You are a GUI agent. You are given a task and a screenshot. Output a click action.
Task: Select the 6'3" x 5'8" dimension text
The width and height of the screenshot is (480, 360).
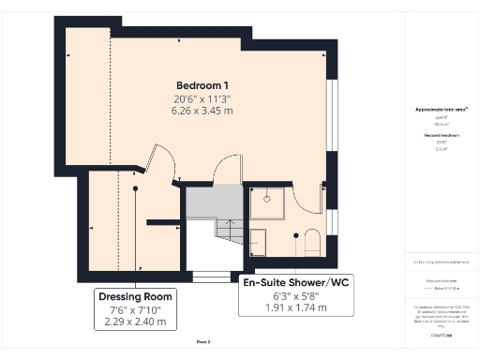pyautogui.click(x=285, y=295)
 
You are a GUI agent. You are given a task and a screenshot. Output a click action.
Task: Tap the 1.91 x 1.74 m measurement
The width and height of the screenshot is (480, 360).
pyautogui.click(x=285, y=307)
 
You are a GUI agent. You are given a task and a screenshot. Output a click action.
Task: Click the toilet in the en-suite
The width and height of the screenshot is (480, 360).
pyautogui.click(x=311, y=243)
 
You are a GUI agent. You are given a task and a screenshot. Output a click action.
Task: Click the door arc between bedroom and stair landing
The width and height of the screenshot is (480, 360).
pyautogui.click(x=229, y=169)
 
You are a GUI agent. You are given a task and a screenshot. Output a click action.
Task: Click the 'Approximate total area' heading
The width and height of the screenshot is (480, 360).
pyautogui.click(x=441, y=110)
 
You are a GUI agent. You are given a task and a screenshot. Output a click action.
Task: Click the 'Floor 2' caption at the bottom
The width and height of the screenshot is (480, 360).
pyautogui.click(x=203, y=341)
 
